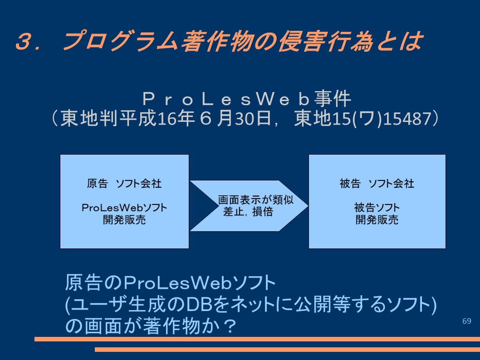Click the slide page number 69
(x=466, y=321)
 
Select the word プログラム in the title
(x=120, y=41)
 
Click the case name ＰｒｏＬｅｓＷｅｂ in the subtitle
(x=227, y=99)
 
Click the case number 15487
(x=407, y=118)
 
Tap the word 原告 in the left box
(x=98, y=183)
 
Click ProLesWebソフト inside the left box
(x=124, y=208)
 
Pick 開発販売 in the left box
(x=124, y=219)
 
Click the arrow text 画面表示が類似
(x=255, y=200)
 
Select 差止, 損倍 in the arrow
(x=248, y=212)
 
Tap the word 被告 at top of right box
(x=350, y=183)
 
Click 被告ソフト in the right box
(x=377, y=208)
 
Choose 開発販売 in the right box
(x=377, y=219)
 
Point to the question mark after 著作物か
(x=229, y=326)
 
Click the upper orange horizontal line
(x=257, y=339)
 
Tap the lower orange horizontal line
(x=288, y=349)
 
